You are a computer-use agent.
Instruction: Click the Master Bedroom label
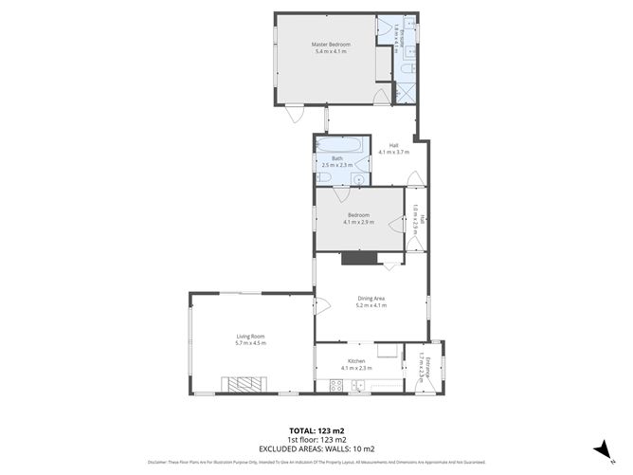tap(332, 45)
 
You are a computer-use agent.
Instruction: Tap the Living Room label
tap(251, 336)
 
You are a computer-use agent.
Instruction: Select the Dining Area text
tap(371, 300)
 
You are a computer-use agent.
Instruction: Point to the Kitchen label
tap(356, 361)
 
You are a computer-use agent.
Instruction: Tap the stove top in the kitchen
tap(335, 385)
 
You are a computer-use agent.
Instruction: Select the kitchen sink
tap(358, 385)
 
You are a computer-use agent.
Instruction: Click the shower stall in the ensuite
tap(405, 92)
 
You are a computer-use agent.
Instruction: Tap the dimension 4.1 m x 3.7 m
tap(392, 152)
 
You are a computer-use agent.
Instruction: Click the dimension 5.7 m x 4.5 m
tap(251, 342)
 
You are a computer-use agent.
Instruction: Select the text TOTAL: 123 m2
tap(316, 431)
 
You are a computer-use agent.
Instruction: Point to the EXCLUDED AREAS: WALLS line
tap(316, 448)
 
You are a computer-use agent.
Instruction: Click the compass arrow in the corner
tap(598, 448)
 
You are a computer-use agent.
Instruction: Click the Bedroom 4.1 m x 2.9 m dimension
tap(359, 223)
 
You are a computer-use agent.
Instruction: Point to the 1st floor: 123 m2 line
tap(316, 440)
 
